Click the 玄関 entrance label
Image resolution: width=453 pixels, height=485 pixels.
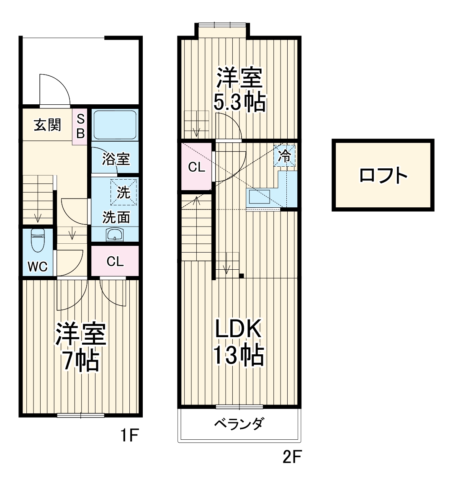click(x=47, y=125)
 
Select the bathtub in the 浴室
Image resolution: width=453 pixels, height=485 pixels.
click(x=114, y=125)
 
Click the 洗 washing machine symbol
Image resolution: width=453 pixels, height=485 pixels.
click(x=124, y=192)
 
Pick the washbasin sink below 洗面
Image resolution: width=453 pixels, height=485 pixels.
click(x=114, y=235)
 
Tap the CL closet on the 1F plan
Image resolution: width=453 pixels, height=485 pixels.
click(x=115, y=261)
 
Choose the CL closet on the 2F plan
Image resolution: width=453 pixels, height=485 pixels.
click(x=196, y=167)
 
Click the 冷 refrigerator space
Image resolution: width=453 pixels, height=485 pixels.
click(x=285, y=156)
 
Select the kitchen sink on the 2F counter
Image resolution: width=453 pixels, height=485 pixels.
click(x=260, y=196)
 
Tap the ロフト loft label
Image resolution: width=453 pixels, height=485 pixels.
click(x=383, y=175)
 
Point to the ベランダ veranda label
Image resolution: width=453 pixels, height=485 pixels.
click(x=239, y=424)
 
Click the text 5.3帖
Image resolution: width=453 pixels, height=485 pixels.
click(x=239, y=102)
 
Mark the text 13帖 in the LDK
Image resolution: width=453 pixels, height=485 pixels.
click(x=239, y=356)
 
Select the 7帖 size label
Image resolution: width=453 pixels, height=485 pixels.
click(x=80, y=361)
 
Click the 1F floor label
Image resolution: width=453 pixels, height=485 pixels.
click(x=129, y=436)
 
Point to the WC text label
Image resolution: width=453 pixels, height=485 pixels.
click(x=37, y=267)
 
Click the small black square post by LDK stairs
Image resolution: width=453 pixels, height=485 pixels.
click(x=242, y=276)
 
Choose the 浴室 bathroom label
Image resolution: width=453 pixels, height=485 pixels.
click(x=116, y=159)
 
